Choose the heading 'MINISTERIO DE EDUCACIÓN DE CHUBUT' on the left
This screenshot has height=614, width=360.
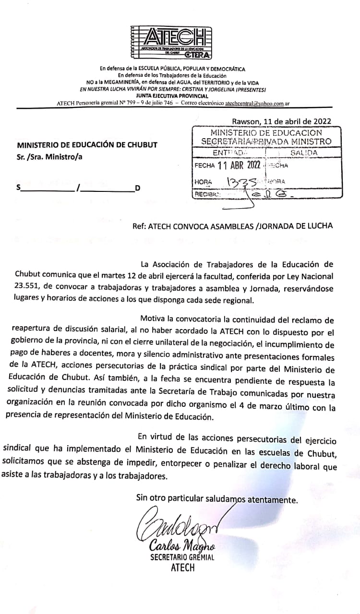(x=87, y=145)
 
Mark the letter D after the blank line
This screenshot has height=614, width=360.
(x=137, y=188)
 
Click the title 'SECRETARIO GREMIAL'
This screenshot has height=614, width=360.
(x=182, y=557)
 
